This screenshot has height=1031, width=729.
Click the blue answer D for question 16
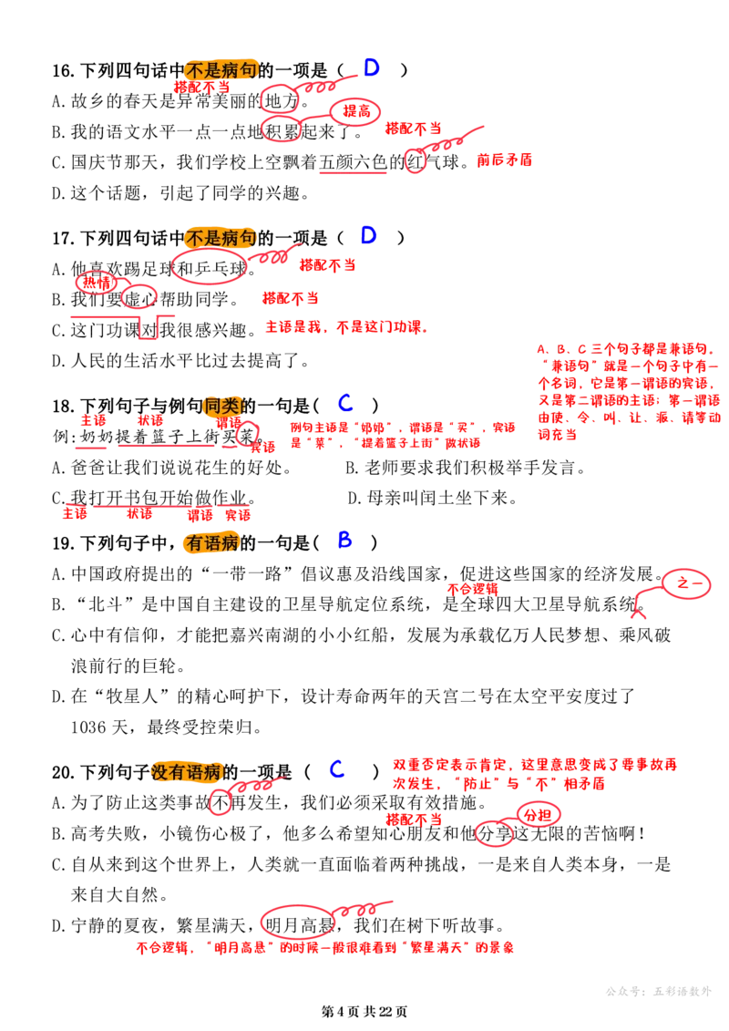coord(372,67)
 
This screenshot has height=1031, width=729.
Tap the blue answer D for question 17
coord(369,235)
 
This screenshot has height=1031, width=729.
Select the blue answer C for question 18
coord(345,402)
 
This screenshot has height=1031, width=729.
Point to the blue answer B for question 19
coord(344,540)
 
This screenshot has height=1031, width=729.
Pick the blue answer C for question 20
coord(337,768)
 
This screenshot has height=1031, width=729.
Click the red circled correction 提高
coord(355,111)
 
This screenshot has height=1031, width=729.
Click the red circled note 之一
coord(686,583)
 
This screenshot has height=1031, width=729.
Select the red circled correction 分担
coord(538,815)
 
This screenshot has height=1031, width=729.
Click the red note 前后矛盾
coord(504,160)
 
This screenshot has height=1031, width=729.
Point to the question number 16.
coord(63,70)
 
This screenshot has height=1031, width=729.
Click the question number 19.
coord(63,544)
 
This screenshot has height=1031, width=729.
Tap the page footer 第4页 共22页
coord(364,1011)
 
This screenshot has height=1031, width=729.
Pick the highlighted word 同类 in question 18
coord(221,407)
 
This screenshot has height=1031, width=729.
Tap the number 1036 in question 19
coord(88,727)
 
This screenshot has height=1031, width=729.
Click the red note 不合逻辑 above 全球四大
coord(473,589)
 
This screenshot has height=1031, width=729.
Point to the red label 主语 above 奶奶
coord(93,420)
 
